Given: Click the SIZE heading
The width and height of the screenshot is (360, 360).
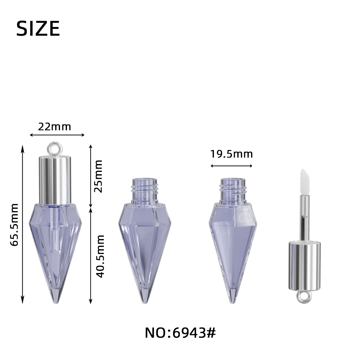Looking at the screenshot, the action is pyautogui.click(x=38, y=28).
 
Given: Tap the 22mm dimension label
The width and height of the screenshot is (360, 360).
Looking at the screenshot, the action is pyautogui.click(x=55, y=127).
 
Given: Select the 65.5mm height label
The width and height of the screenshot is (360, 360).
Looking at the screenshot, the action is pyautogui.click(x=14, y=225).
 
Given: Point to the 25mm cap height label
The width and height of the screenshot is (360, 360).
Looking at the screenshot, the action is pyautogui.click(x=98, y=176).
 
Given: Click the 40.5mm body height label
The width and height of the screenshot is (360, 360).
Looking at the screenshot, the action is pyautogui.click(x=100, y=256).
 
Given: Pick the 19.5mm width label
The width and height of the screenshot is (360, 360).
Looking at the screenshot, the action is pyautogui.click(x=232, y=154).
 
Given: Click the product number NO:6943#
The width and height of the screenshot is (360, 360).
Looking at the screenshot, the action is pyautogui.click(x=180, y=333).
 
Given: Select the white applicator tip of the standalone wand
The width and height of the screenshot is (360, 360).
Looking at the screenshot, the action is pyautogui.click(x=304, y=182).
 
